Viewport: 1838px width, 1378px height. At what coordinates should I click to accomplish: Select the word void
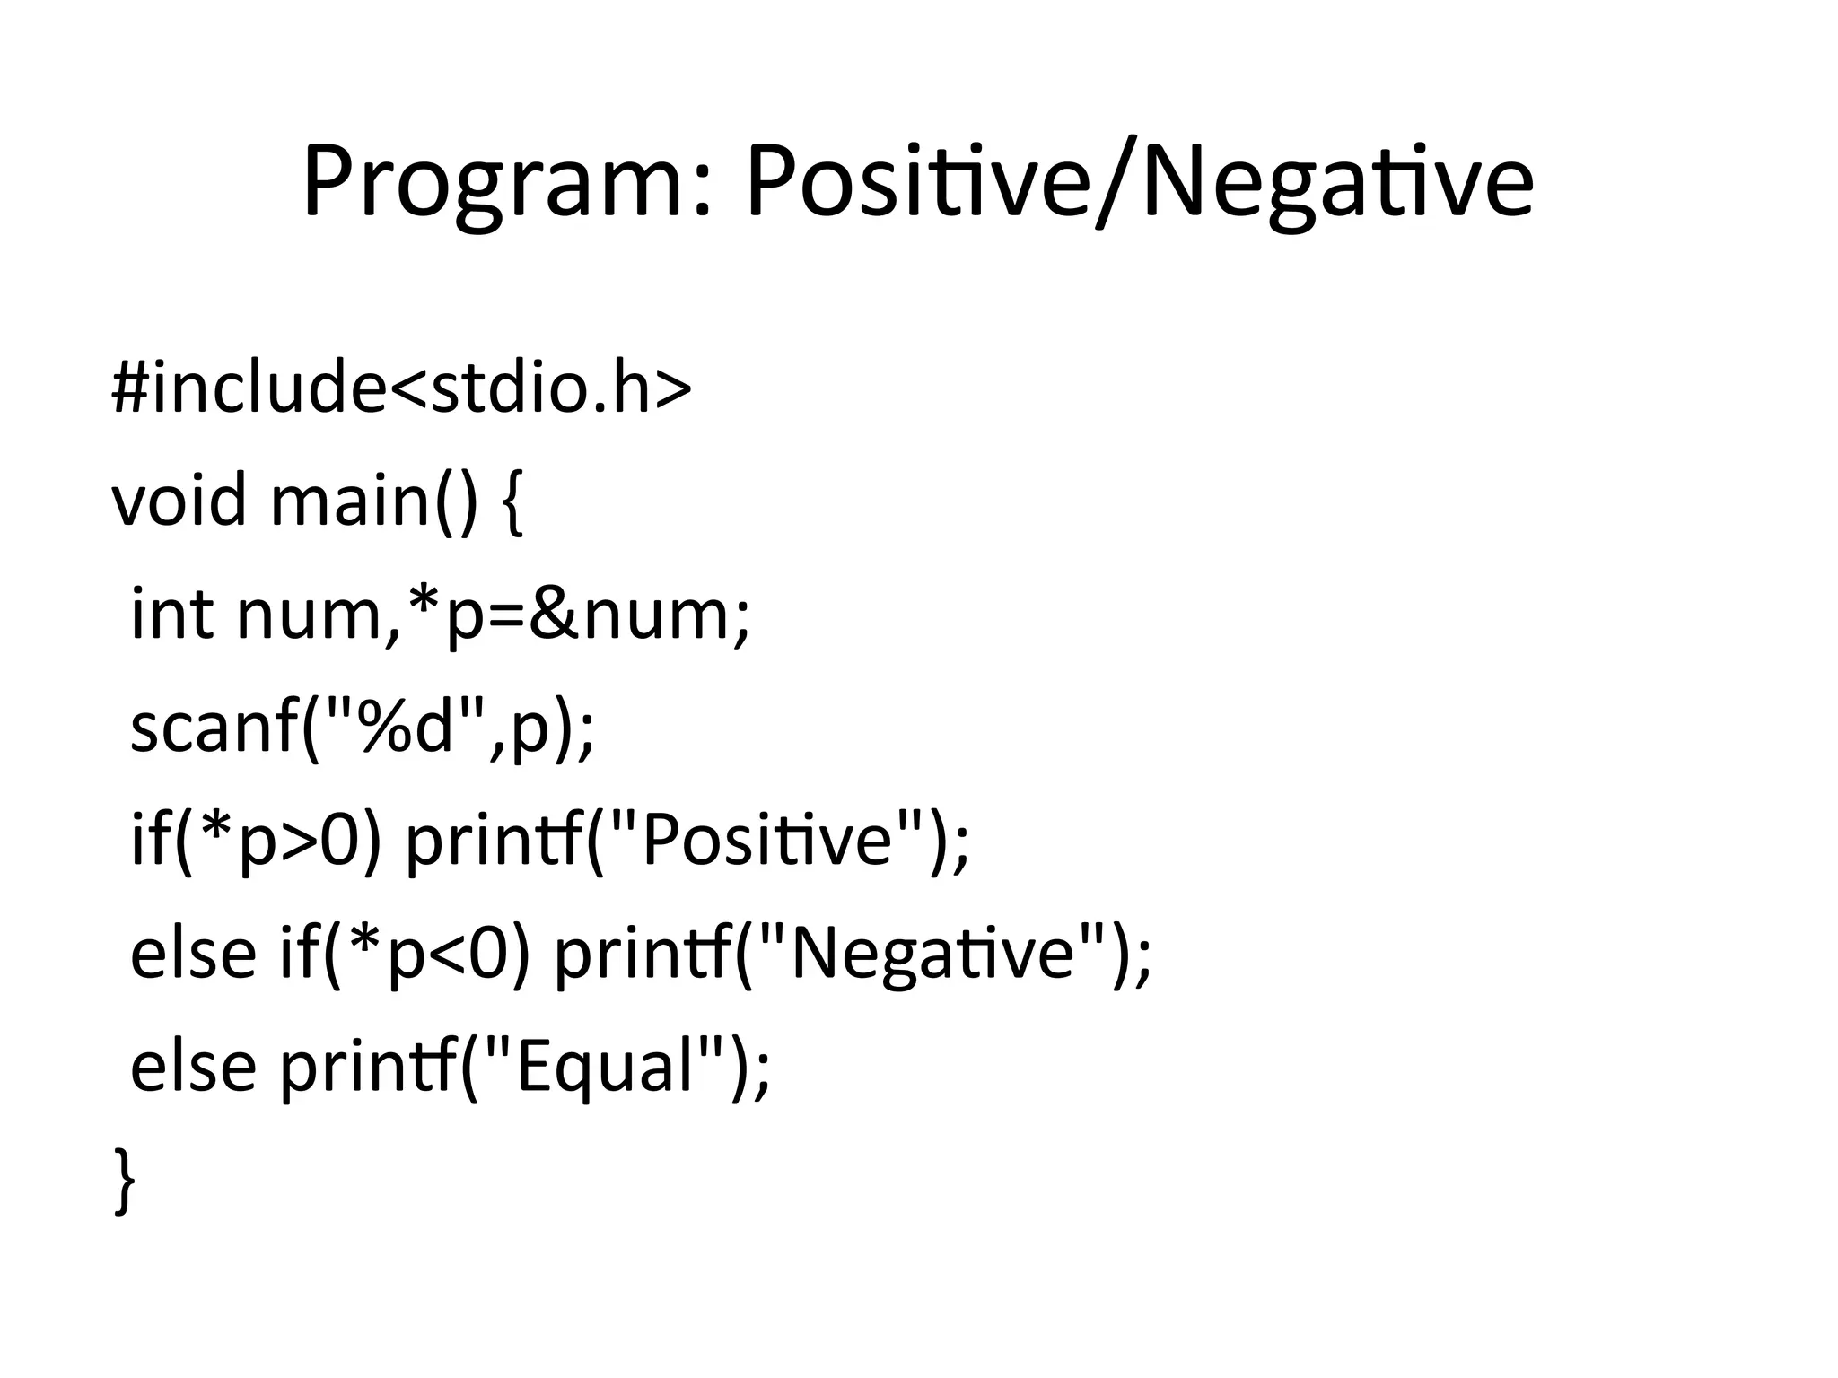click(179, 500)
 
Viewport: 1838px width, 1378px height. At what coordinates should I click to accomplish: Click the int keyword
click(171, 614)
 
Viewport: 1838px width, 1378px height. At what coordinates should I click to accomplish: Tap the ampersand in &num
click(555, 614)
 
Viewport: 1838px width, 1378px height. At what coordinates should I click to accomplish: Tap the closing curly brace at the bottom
click(125, 1181)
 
